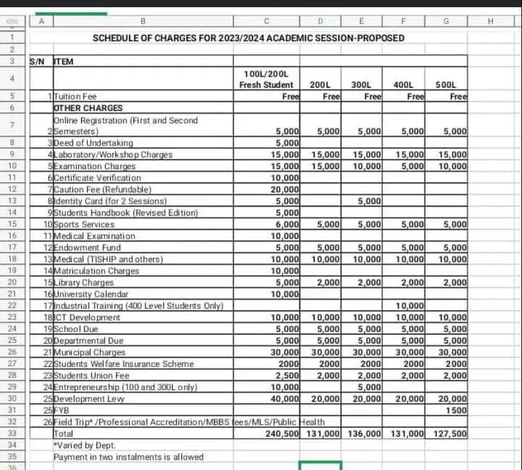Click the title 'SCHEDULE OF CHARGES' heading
tap(249, 38)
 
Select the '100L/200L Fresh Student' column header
tap(266, 80)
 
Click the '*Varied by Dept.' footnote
tap(85, 445)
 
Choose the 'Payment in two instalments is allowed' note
tap(128, 457)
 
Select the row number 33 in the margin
tap(12, 434)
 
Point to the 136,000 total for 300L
tap(365, 434)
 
